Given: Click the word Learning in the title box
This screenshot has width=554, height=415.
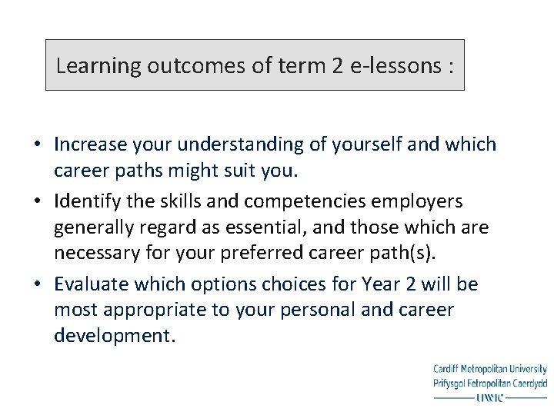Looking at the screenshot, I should pyautogui.click(x=92, y=66).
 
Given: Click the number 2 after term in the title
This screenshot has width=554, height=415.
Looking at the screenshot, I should pyautogui.click(x=338, y=66).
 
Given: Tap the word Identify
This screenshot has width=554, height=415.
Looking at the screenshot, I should pyautogui.click(x=85, y=201).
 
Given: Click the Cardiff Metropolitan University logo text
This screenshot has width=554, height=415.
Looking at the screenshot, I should pyautogui.click(x=489, y=370).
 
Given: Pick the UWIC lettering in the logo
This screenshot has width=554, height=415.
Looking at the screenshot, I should pyautogui.click(x=489, y=397).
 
